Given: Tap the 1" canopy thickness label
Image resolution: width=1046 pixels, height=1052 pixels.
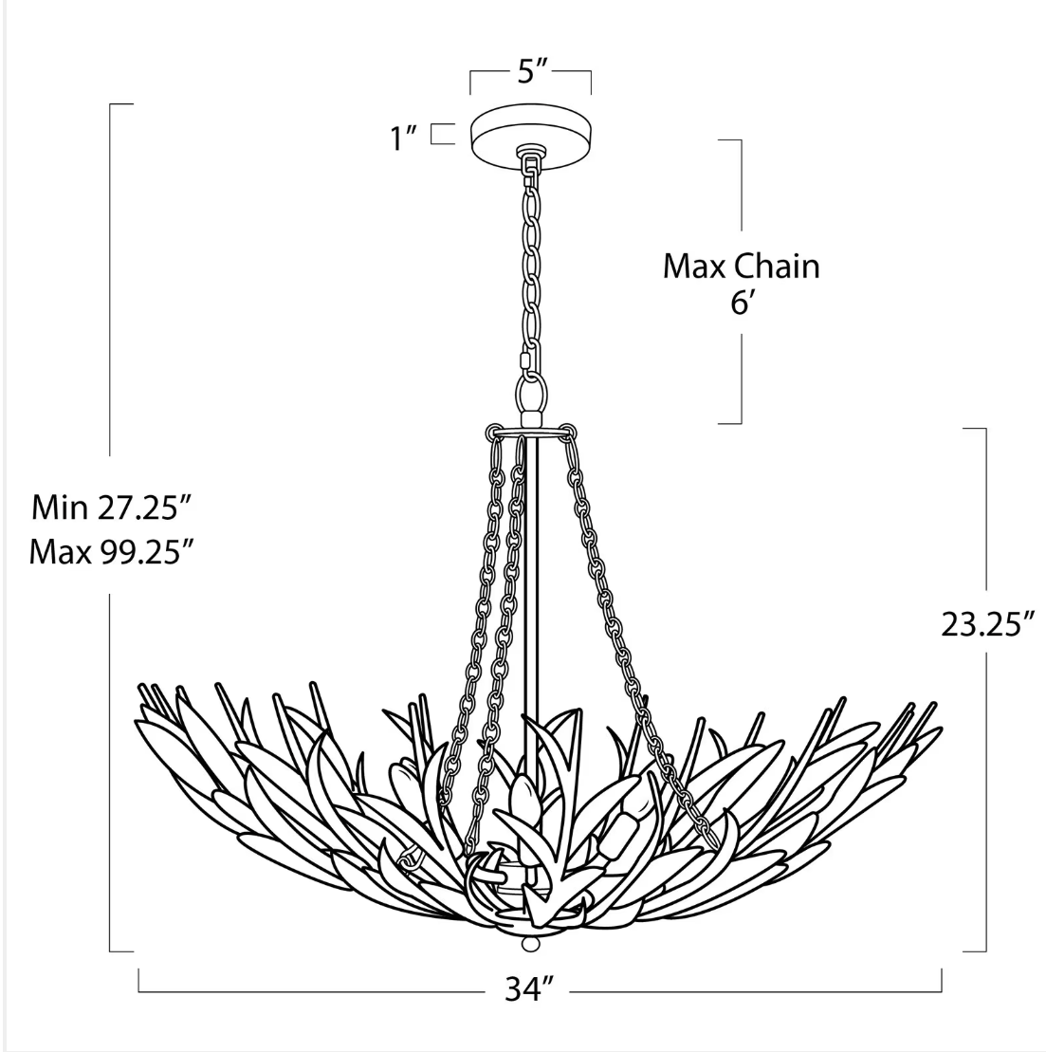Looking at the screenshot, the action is tap(405, 138).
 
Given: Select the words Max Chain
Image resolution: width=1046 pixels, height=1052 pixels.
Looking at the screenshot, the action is tap(742, 267).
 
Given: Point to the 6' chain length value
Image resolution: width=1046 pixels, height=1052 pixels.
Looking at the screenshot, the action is tap(741, 304).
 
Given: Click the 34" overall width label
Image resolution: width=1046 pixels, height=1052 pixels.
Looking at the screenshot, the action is tap(529, 988).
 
